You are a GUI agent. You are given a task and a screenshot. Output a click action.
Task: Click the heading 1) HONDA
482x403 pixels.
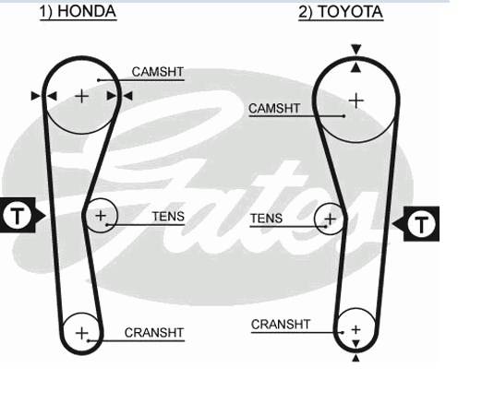click(78, 12)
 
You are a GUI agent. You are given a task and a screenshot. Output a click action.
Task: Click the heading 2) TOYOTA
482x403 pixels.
click(341, 12)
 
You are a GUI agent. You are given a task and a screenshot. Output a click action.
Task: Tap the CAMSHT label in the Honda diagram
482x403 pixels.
click(158, 72)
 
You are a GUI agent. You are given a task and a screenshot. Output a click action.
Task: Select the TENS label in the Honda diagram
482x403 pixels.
click(168, 217)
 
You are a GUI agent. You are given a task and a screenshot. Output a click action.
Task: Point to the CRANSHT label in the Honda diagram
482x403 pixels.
click(154, 333)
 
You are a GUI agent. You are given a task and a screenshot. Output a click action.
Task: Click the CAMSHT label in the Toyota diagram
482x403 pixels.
click(274, 109)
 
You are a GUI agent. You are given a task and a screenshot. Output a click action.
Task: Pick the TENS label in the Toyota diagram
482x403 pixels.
click(266, 219)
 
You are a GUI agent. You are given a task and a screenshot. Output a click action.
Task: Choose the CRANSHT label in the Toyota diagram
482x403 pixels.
click(281, 325)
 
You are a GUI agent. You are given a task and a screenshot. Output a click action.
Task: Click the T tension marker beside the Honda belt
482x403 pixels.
click(18, 215)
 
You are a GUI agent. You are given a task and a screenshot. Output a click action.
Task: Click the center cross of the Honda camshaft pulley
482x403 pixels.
click(82, 96)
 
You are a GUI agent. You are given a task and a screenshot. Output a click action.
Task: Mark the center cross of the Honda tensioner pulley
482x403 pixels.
click(101, 216)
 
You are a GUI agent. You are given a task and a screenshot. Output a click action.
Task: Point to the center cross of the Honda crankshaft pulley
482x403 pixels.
click(82, 333)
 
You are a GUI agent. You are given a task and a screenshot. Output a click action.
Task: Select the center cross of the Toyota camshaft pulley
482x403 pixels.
click(356, 101)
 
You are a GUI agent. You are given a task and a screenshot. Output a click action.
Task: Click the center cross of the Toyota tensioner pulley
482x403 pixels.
click(331, 219)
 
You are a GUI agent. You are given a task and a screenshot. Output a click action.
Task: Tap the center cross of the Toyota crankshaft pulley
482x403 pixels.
click(355, 330)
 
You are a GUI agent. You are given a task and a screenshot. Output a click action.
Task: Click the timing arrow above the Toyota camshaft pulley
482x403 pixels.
click(356, 50)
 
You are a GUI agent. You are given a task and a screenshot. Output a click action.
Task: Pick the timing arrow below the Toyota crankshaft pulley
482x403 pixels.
click(355, 358)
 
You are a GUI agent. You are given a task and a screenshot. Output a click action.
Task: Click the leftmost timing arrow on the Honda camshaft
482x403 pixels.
click(36, 96)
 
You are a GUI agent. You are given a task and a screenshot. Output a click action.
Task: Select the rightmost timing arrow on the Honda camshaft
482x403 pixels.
click(127, 96)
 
